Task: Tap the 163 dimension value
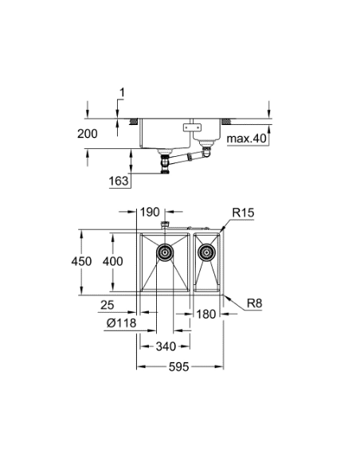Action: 119,181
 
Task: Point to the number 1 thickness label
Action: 122,94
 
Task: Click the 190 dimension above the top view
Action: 150,213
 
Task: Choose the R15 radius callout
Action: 243,213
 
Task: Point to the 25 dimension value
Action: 109,304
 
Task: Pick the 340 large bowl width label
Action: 165,346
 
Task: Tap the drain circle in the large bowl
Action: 165,253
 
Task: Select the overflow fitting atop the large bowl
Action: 165,227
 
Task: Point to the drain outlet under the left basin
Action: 166,162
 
